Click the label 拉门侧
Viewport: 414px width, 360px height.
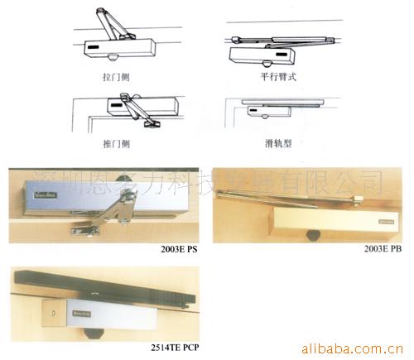coord(112,75)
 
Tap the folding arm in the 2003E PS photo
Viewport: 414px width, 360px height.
coord(108,215)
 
